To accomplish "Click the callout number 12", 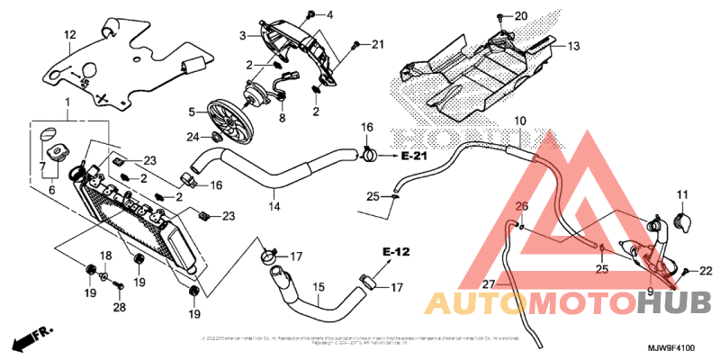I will click(x=68, y=35).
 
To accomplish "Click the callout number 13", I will click(x=573, y=45).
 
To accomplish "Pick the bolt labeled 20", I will click(x=499, y=17).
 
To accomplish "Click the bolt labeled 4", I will click(x=310, y=13).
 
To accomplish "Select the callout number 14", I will click(x=274, y=207).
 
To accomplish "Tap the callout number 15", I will click(x=318, y=287).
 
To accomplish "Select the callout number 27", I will click(x=489, y=283).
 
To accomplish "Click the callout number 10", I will click(x=520, y=121).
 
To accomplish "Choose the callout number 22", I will click(x=705, y=270).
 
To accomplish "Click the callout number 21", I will click(x=377, y=44).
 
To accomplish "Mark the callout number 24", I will click(x=192, y=137).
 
